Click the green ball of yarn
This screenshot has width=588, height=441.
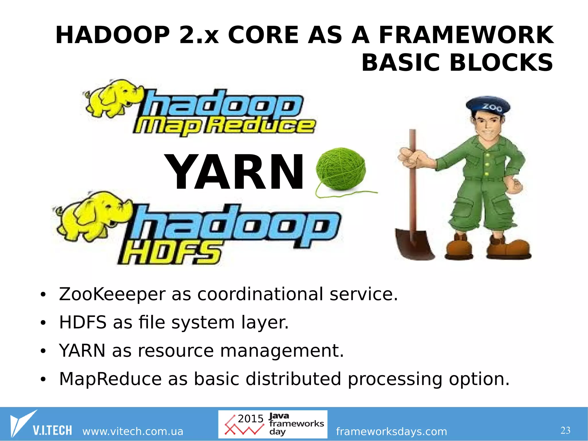pyautogui.click(x=341, y=169)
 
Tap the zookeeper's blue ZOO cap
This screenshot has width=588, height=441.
pyautogui.click(x=488, y=106)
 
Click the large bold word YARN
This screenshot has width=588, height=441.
pyautogui.click(x=235, y=172)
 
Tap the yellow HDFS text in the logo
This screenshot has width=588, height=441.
pyautogui.click(x=171, y=253)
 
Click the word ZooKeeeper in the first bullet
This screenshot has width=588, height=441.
pyautogui.click(x=112, y=294)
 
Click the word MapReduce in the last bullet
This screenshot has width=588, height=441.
pyautogui.click(x=110, y=379)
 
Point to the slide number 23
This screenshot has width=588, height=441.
pyautogui.click(x=565, y=430)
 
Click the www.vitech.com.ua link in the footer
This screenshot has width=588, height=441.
pyautogui.click(x=133, y=431)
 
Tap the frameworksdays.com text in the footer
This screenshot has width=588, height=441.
pyautogui.click(x=391, y=431)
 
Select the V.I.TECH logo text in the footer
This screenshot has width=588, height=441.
pyautogui.click(x=52, y=430)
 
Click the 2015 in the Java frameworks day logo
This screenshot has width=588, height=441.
pyautogui.click(x=250, y=419)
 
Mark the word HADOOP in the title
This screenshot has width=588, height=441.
pyautogui.click(x=113, y=35)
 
